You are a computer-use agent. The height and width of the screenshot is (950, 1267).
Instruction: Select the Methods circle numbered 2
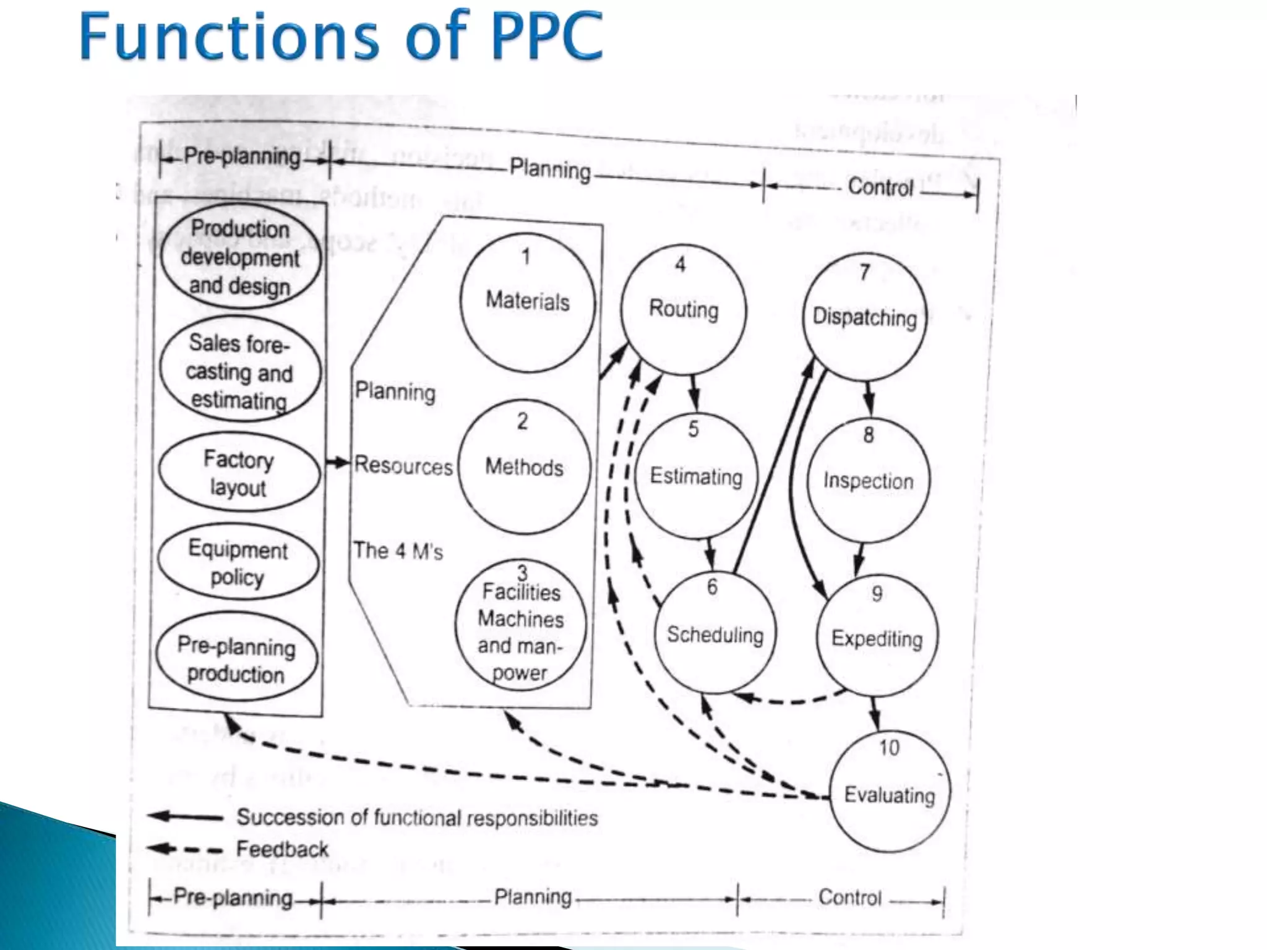(524, 467)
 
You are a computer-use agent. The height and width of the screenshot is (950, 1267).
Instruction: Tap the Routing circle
(683, 309)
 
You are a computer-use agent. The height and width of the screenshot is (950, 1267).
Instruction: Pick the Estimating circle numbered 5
(696, 476)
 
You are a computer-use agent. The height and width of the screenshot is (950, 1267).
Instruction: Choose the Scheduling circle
(715, 634)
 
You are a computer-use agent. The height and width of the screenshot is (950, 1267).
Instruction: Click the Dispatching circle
(864, 317)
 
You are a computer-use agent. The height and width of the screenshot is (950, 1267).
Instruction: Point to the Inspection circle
(868, 481)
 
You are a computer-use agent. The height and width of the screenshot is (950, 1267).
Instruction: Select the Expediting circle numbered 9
(877, 638)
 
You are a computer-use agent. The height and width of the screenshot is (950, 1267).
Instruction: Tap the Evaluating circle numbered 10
(889, 794)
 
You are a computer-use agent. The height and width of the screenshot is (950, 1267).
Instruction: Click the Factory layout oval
(239, 473)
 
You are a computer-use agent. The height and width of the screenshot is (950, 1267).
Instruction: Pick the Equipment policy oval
(238, 562)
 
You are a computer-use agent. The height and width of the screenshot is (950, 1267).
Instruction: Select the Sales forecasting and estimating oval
(239, 370)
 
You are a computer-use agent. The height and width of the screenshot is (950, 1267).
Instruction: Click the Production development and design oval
(240, 257)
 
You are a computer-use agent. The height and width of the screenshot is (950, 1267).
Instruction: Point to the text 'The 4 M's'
(398, 550)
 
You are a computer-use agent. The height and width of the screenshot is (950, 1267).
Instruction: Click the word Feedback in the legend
(282, 849)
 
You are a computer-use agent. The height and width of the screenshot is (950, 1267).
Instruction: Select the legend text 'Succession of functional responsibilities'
(417, 818)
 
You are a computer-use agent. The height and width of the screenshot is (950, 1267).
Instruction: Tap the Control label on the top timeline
(880, 187)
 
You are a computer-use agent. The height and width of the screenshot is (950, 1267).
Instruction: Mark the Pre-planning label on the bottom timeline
(233, 897)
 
